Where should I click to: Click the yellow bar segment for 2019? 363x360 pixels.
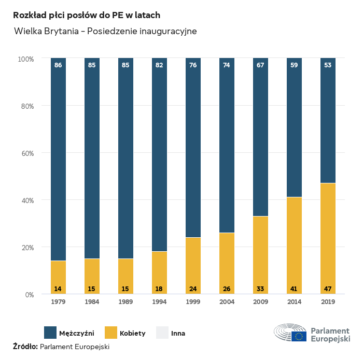tap(328, 238)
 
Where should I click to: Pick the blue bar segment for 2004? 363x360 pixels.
tap(227, 145)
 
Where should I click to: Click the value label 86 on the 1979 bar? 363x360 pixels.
tap(58, 65)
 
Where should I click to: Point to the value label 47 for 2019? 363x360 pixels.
tap(328, 289)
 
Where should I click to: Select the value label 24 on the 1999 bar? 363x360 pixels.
tap(193, 289)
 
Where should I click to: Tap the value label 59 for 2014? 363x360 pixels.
tap(294, 65)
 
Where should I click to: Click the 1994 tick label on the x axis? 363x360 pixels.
tap(159, 302)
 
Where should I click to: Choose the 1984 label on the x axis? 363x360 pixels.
tap(92, 302)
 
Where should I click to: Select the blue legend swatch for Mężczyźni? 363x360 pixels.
tap(50, 333)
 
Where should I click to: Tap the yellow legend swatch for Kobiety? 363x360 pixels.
tap(111, 333)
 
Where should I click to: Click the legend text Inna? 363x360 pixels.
tap(178, 333)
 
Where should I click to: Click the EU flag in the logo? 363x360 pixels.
tap(299, 336)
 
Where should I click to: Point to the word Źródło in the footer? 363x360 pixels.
tap(25, 347)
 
